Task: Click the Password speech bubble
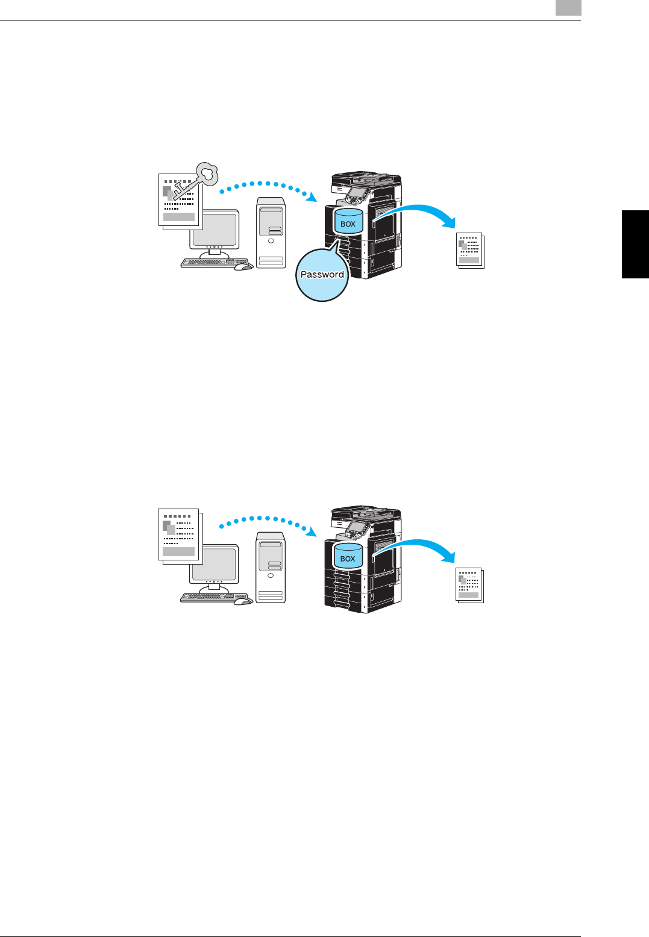[x=322, y=275]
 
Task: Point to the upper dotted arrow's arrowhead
[x=311, y=197]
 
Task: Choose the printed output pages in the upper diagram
[x=470, y=250]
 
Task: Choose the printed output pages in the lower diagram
[x=469, y=584]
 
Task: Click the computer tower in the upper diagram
[x=271, y=233]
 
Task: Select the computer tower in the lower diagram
[x=270, y=567]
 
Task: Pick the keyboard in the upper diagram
[x=207, y=263]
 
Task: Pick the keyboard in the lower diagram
[x=206, y=598]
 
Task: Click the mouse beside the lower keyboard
[x=242, y=600]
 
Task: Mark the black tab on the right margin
[x=635, y=244]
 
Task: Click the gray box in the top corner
[x=568, y=7]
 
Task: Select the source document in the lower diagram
[x=179, y=535]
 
